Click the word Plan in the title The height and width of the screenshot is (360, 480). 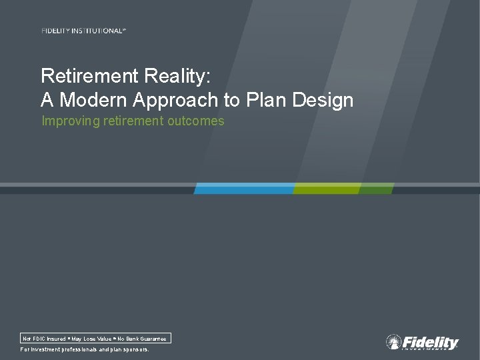pos(266,100)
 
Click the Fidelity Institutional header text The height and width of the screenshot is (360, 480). pos(83,31)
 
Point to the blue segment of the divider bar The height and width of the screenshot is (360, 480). pos(244,189)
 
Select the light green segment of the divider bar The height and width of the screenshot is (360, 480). pos(326,189)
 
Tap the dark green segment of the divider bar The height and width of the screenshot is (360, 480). pos(376,189)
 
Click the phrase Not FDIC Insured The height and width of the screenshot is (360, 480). pos(44,339)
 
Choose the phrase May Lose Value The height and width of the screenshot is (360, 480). pos(91,339)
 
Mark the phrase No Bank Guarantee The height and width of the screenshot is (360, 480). pos(142,339)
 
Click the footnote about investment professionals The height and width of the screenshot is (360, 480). pos(85,349)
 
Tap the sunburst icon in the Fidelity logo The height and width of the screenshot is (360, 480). pos(394,342)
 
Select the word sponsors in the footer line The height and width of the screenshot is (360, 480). pos(136,349)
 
